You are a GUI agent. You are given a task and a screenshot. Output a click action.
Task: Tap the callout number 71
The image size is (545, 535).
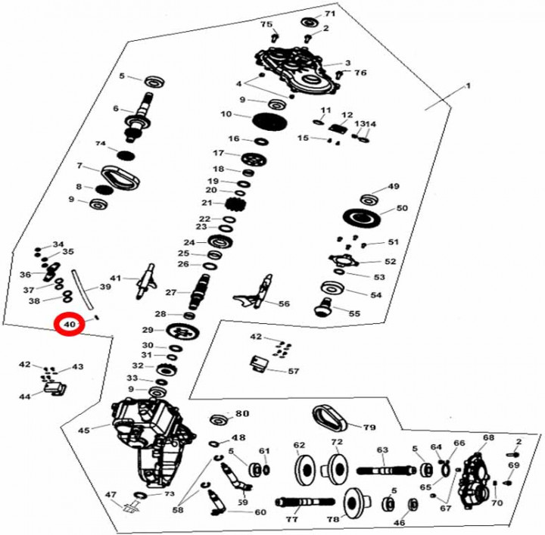(329, 14)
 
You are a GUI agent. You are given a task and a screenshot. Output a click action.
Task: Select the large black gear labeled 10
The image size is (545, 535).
(269, 121)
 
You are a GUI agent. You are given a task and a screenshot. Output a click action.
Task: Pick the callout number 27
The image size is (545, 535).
(170, 293)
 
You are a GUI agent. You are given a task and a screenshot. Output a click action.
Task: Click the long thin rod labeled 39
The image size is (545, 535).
(83, 288)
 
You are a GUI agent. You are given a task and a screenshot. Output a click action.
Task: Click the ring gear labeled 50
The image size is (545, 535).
(362, 218)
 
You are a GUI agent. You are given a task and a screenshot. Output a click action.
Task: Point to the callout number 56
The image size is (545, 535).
(284, 303)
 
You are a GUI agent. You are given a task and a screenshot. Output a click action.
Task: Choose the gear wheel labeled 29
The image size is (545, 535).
(182, 332)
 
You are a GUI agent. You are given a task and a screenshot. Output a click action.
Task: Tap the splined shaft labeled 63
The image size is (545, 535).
(386, 471)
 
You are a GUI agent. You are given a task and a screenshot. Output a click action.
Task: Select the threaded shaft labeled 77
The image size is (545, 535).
(305, 502)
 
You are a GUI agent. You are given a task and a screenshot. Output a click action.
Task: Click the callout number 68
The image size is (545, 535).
(488, 437)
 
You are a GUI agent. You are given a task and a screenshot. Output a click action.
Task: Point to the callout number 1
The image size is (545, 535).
(468, 86)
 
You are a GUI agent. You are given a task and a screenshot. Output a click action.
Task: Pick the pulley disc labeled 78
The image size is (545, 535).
(357, 502)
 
